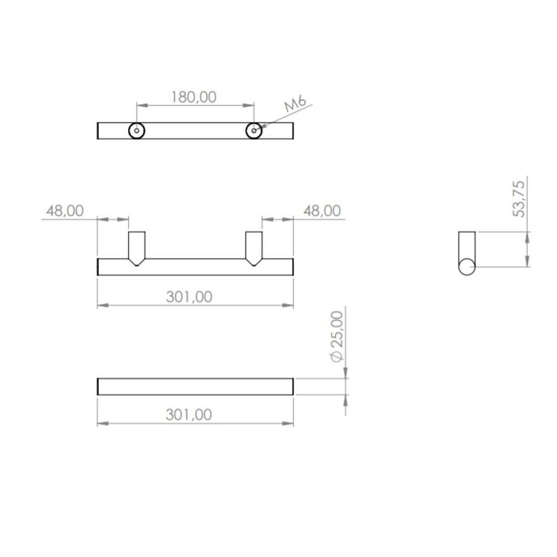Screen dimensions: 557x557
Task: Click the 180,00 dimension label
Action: click(194, 97)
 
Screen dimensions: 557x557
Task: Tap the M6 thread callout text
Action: click(295, 104)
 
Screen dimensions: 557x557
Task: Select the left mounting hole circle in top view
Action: click(136, 131)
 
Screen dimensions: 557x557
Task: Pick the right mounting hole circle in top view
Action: click(253, 131)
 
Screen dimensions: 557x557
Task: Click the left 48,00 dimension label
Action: click(65, 211)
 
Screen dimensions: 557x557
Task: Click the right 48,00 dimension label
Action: click(322, 211)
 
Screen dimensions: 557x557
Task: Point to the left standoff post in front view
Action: click(136, 248)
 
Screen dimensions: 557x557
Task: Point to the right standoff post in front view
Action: click(254, 248)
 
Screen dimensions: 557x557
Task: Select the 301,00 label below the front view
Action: click(189, 297)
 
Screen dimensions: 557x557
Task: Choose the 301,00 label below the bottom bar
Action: click(189, 414)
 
